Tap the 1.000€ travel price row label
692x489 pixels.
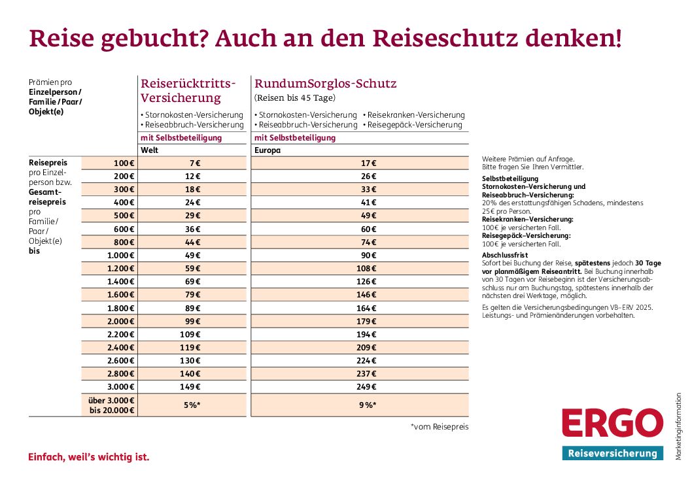tap(121, 255)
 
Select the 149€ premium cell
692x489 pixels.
tap(192, 386)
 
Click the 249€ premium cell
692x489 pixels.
tap(368, 386)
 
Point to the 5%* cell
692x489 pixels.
tap(192, 405)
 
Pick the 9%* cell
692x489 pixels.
tap(368, 405)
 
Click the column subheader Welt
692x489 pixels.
tap(150, 150)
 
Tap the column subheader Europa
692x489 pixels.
tap(267, 150)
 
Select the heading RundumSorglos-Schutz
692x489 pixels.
tap(325, 84)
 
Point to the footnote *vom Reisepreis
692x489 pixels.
tap(440, 427)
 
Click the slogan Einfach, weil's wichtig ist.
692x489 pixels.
tap(89, 457)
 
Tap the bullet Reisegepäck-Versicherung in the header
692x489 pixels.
tap(415, 125)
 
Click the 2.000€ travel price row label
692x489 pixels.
tap(121, 321)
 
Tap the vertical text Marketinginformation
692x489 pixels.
tap(679, 426)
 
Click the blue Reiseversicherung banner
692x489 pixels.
tap(612, 454)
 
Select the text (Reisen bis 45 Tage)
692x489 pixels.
tap(294, 98)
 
